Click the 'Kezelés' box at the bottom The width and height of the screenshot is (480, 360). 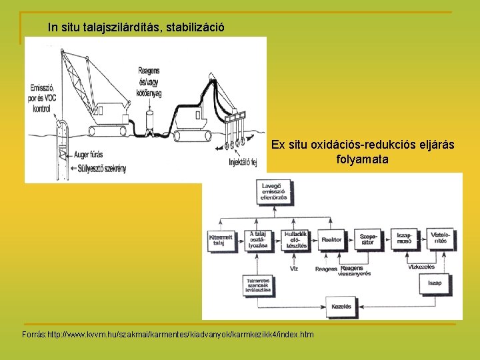click(341, 305)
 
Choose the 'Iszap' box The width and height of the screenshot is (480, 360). click(435, 283)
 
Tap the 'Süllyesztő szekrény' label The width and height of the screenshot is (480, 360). click(101, 169)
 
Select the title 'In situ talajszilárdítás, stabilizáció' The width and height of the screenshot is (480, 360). click(137, 28)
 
